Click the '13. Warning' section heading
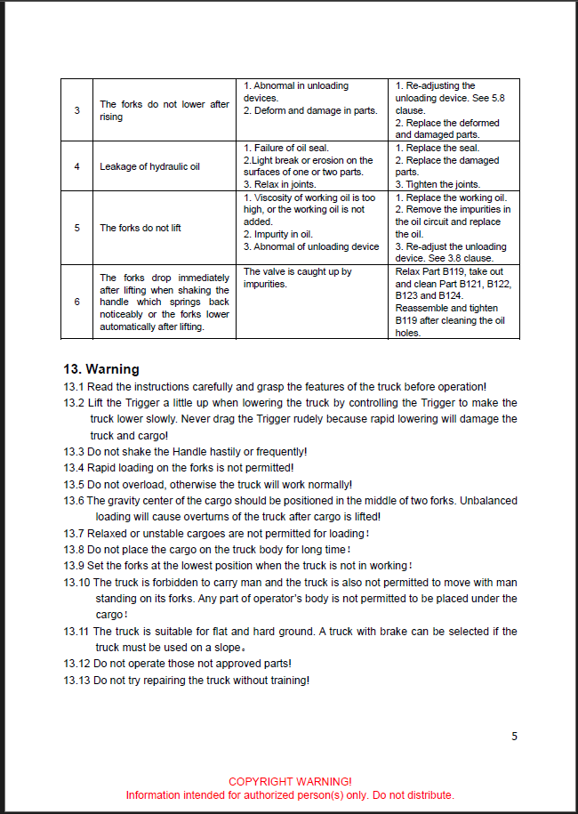point(101,369)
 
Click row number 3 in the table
point(77,110)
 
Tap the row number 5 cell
point(77,228)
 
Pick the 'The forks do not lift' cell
point(140,228)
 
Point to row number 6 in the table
point(77,302)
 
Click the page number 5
point(514,736)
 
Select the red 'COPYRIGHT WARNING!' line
point(290,781)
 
